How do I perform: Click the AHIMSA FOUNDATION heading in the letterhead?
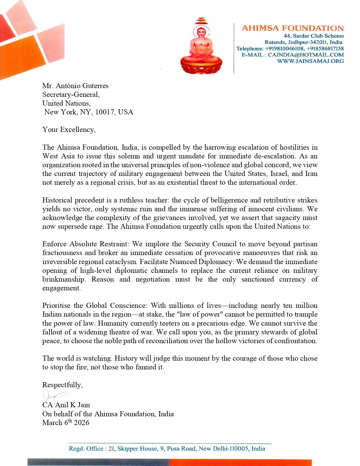coord(293,28)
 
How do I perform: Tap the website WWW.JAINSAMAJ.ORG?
coord(310,61)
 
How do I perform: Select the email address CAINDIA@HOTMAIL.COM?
coord(306,55)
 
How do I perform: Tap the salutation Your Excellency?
coord(69,130)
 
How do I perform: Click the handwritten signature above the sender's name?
coord(55,394)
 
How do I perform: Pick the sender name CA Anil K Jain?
coord(66,405)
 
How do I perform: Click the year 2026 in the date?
coord(82,423)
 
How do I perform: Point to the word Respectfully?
coord(62,385)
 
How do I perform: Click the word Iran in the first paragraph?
coord(311,174)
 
